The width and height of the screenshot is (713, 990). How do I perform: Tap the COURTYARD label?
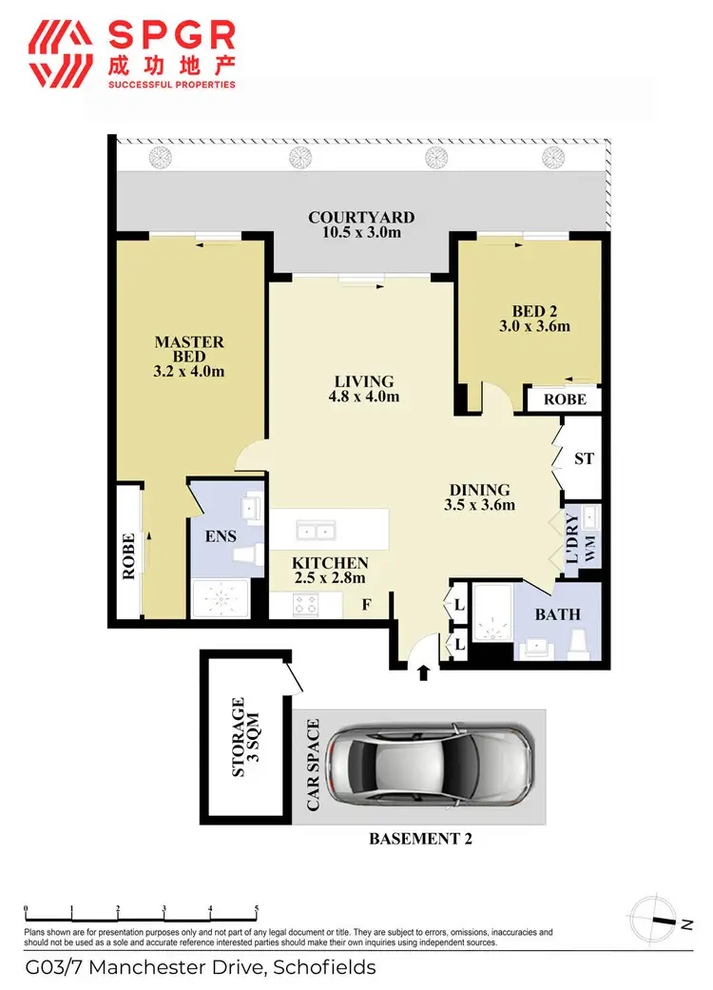pos(361,218)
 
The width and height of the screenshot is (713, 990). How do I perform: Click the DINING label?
pos(479,490)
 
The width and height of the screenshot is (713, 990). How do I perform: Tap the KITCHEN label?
pos(329,562)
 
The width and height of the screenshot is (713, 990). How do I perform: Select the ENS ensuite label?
pos(221,536)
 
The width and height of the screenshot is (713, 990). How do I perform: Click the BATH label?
pos(557,614)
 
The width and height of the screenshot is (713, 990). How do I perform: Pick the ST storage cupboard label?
pos(584,458)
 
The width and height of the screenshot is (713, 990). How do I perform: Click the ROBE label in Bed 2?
pos(566,400)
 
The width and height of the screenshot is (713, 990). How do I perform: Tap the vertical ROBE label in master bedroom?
pos(127,555)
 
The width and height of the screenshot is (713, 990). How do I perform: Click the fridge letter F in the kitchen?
pos(366,604)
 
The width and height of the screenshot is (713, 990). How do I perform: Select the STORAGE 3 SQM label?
pos(245,738)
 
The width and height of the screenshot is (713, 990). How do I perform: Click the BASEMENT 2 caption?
pos(420,839)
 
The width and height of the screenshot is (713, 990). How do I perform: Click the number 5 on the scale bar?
pos(256,909)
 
